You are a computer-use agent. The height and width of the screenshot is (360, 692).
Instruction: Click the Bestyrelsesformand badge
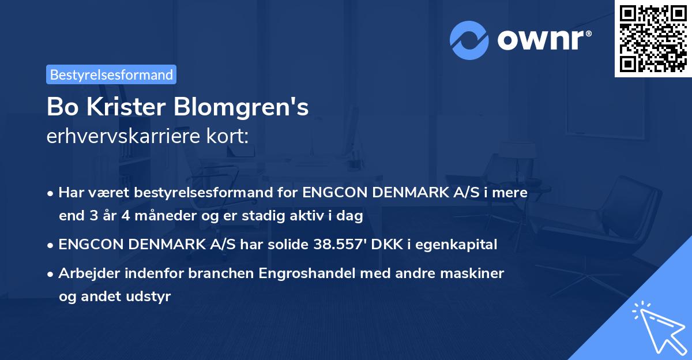click(x=111, y=74)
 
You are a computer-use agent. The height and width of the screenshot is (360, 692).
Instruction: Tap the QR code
click(x=653, y=38)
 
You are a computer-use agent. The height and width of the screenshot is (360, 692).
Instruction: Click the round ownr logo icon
click(x=469, y=40)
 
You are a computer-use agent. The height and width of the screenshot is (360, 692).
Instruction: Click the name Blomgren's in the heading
click(x=254, y=107)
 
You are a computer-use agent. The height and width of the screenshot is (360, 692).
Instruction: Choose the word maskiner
click(x=478, y=273)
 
